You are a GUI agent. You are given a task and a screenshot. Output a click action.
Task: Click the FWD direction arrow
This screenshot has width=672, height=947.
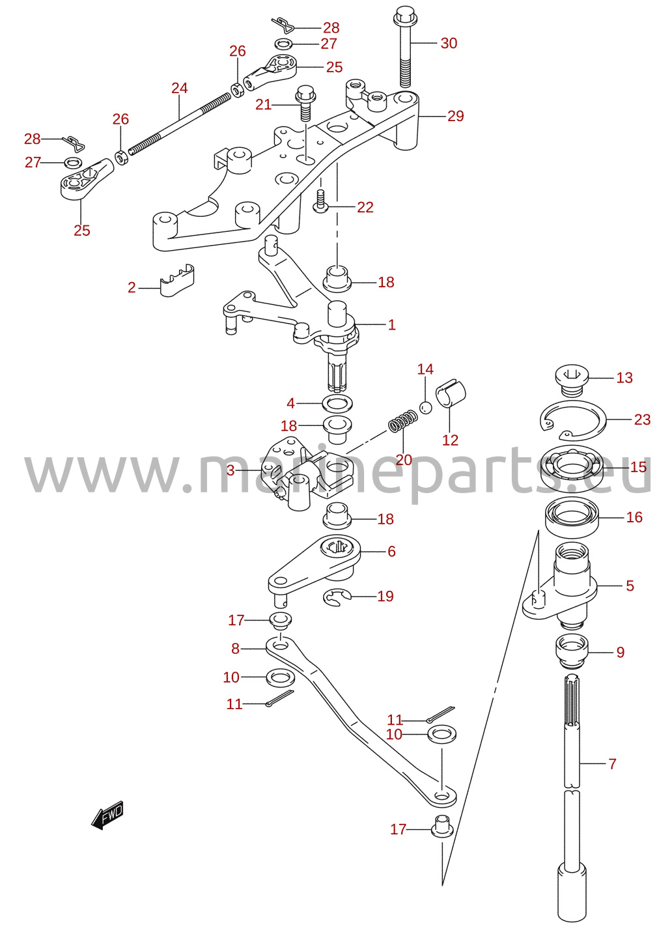coord(107,814)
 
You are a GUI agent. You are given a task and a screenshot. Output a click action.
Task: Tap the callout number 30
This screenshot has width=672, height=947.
coord(449,43)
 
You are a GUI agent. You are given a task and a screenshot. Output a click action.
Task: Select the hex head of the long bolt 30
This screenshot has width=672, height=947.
coord(406,16)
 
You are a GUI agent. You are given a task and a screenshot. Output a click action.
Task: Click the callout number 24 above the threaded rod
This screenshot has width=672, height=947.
coord(180,88)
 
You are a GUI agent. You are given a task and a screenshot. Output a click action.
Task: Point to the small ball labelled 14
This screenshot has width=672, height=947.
coord(426,408)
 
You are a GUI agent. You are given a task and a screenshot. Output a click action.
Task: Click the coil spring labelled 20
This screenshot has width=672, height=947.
coord(404,421)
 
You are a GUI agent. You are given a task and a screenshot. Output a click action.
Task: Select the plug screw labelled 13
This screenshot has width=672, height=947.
coord(572,380)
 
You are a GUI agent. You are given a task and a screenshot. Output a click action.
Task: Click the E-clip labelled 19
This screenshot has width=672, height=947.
coord(337,598)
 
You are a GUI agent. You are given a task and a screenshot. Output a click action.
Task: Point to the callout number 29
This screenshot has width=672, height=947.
coord(456,116)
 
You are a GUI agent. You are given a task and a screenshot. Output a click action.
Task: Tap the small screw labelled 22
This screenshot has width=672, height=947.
coord(320,201)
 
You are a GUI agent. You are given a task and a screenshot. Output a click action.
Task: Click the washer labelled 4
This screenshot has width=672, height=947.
coord(337,403)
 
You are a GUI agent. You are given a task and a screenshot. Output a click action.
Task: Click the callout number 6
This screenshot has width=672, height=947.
coord(391,551)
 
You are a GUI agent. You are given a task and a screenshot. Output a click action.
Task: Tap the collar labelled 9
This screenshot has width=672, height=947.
coord(572,652)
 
